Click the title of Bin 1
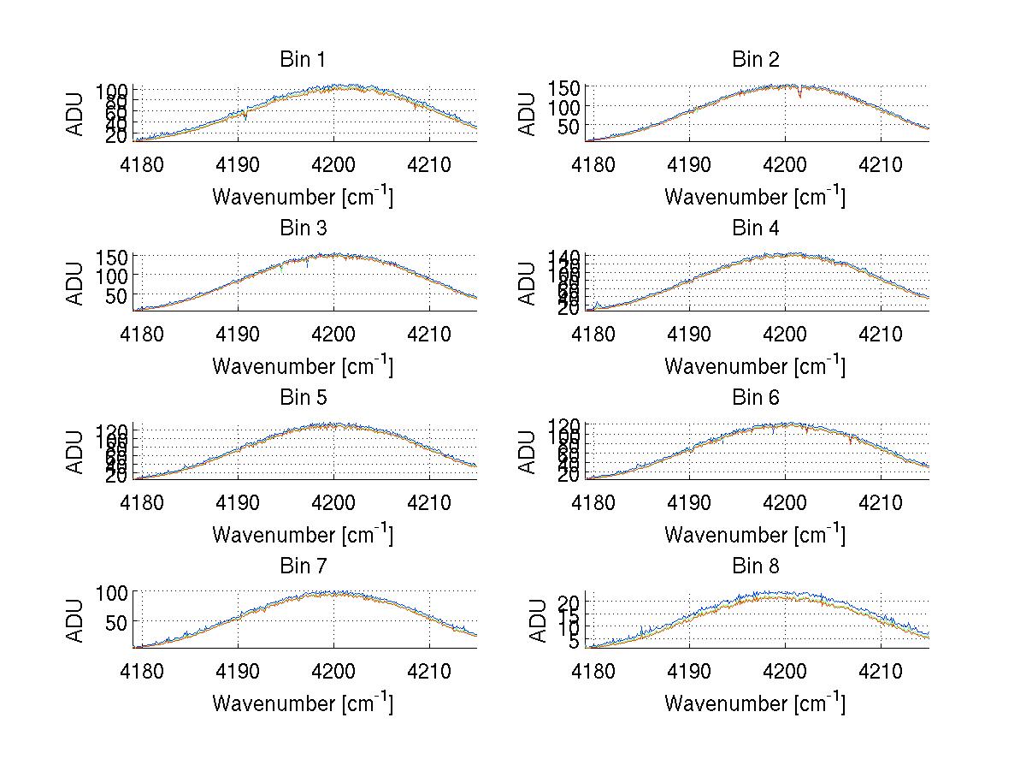coord(302,60)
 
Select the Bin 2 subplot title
coord(755,60)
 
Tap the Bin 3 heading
coord(302,228)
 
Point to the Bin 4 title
coord(755,228)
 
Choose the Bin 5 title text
coord(302,398)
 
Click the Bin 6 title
coord(755,398)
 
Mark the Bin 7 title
coord(302,566)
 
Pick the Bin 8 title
coord(755,566)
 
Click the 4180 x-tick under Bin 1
coord(142,164)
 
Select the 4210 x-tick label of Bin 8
coord(881,671)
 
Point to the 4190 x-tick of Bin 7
coord(238,671)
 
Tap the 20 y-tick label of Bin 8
coord(570,603)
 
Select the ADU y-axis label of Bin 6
coord(528,453)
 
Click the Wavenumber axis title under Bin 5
coord(302,535)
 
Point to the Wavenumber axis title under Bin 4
coord(755,366)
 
